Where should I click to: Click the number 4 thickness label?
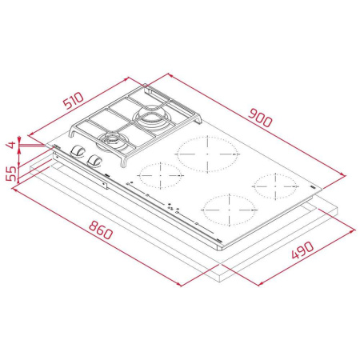(x=10, y=146)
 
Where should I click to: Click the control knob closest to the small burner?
(x=96, y=160)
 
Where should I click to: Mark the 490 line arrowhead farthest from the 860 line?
(x=352, y=226)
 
